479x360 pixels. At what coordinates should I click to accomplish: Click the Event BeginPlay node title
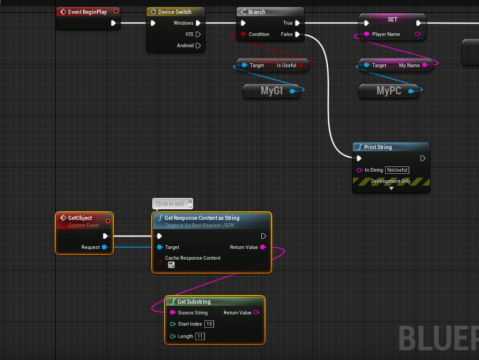[87, 12]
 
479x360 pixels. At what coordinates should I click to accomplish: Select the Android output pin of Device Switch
[198, 46]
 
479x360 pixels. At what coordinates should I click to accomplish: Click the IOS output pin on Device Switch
[198, 34]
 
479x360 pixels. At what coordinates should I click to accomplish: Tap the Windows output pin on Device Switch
[198, 23]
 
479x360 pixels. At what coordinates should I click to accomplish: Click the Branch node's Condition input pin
[243, 34]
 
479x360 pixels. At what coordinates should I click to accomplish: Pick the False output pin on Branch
[297, 34]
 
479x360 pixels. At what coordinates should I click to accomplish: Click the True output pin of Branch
[297, 23]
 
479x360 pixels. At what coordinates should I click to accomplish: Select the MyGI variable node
[271, 91]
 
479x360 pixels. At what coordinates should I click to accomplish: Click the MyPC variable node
[388, 91]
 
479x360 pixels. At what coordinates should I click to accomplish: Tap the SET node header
[393, 19]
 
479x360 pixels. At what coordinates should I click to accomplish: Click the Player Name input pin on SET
[366, 34]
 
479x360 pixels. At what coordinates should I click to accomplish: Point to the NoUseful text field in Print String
[397, 170]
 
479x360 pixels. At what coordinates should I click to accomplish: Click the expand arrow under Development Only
[391, 189]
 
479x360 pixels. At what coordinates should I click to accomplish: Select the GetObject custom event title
[80, 218]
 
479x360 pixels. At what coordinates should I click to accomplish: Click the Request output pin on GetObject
[105, 247]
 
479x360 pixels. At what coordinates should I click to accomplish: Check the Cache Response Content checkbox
[172, 265]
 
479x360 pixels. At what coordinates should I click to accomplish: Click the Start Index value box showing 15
[209, 324]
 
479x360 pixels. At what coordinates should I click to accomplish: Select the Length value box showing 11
[200, 336]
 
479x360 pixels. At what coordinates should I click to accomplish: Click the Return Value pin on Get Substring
[256, 313]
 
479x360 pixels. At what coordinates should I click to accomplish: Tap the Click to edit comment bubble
[170, 204]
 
